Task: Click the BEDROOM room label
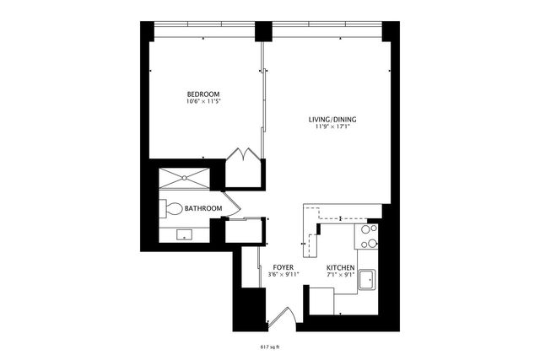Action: [x=203, y=94]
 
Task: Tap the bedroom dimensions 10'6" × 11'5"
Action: [x=203, y=102]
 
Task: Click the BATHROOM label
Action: [x=203, y=208]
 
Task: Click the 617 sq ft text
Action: [x=270, y=346]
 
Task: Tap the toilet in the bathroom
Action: [x=171, y=208]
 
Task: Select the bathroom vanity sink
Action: [x=184, y=234]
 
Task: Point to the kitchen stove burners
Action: [x=369, y=236]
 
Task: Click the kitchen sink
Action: [x=368, y=279]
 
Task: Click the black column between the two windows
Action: [x=264, y=32]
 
